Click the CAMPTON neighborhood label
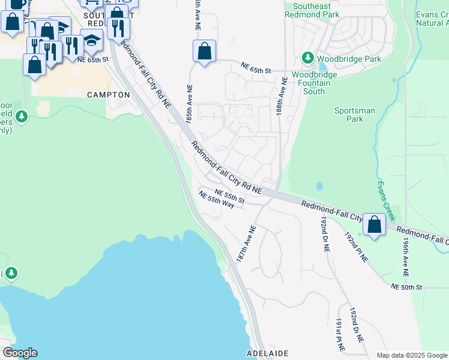[108, 95]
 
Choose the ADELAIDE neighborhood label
[268, 353]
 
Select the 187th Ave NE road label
[247, 243]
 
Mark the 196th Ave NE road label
[406, 256]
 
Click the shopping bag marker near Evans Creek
[374, 226]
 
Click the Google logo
[20, 353]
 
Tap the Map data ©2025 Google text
[411, 355]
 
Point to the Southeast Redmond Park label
[312, 10]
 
